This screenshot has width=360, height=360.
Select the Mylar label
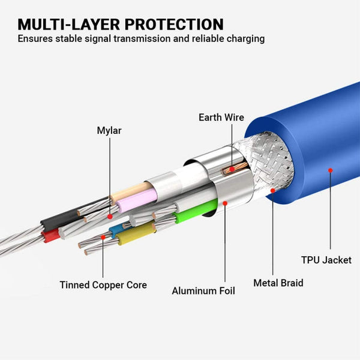click(109, 130)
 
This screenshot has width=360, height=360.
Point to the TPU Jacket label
click(326, 260)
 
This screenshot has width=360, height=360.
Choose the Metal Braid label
click(278, 283)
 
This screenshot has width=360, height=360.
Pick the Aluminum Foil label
click(203, 291)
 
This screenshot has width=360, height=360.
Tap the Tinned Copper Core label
click(103, 285)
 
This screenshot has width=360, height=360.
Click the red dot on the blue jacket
click(329, 171)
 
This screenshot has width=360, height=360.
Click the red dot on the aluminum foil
click(225, 203)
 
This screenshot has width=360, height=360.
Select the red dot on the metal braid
click(273, 191)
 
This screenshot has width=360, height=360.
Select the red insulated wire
click(52, 235)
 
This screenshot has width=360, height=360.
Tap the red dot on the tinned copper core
click(103, 237)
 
